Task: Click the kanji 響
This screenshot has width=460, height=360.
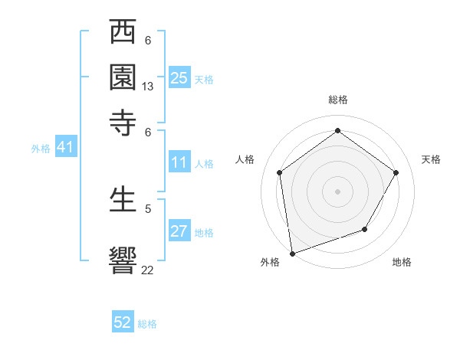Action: [123, 258]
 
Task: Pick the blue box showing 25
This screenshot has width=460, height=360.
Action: [179, 78]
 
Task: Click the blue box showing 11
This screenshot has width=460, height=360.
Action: [179, 162]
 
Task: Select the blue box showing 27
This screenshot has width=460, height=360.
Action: [179, 231]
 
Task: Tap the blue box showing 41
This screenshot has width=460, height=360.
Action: [65, 148]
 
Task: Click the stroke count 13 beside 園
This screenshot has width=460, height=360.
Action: [148, 87]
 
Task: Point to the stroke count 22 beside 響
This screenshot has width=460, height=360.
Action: [148, 270]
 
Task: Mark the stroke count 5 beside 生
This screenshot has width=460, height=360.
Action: [148, 208]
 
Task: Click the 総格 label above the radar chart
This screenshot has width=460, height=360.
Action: [337, 100]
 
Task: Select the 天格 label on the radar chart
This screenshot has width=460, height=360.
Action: [431, 159]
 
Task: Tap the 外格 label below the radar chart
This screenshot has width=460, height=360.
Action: [270, 262]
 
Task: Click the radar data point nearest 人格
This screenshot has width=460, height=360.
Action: [280, 172]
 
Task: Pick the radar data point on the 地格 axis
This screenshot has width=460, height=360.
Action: [365, 229]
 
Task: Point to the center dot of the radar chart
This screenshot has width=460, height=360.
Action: [337, 191]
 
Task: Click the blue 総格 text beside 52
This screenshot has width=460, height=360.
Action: [147, 324]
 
